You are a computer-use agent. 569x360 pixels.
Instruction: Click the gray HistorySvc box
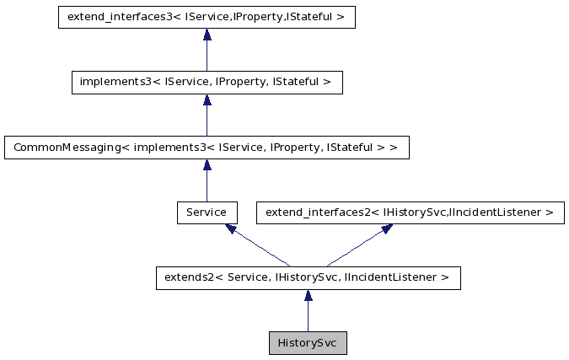[308, 343]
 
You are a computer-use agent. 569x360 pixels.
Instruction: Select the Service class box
[207, 212]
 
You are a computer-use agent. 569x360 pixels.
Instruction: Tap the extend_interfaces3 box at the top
[207, 17]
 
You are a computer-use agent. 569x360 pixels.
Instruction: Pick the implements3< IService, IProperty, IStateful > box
[207, 82]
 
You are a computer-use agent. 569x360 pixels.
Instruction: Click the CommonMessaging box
[207, 148]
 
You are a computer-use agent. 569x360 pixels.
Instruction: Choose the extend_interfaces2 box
[410, 212]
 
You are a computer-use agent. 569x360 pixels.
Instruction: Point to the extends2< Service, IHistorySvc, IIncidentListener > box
[308, 278]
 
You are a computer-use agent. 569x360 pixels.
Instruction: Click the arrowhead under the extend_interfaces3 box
[207, 35]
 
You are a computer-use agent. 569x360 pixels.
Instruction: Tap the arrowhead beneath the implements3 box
[207, 99]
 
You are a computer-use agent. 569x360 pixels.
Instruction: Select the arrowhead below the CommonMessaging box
[207, 165]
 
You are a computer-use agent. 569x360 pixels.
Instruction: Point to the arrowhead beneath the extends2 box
[308, 296]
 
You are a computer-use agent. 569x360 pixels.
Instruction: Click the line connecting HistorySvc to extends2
[308, 317]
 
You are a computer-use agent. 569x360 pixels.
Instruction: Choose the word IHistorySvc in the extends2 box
[309, 278]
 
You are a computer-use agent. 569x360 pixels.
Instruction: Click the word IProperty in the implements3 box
[242, 82]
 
